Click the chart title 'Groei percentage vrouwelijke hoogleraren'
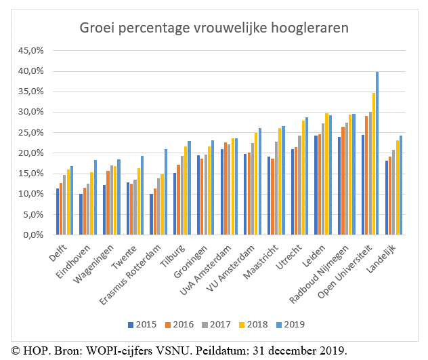(213, 28)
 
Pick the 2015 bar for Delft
(58, 212)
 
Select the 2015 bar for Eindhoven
(81, 214)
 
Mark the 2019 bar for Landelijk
(400, 185)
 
